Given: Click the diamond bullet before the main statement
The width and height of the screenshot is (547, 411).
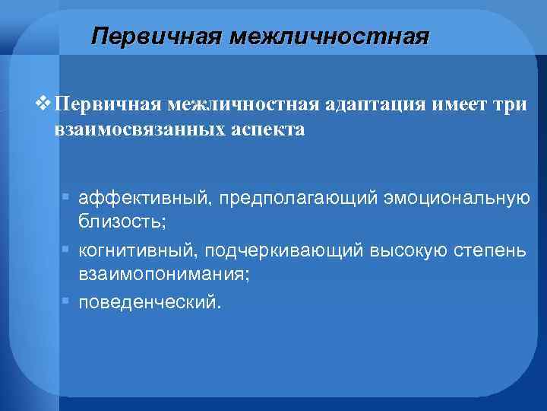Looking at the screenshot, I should coord(46,104).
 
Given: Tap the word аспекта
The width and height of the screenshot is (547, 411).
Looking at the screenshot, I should coord(273,129).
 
